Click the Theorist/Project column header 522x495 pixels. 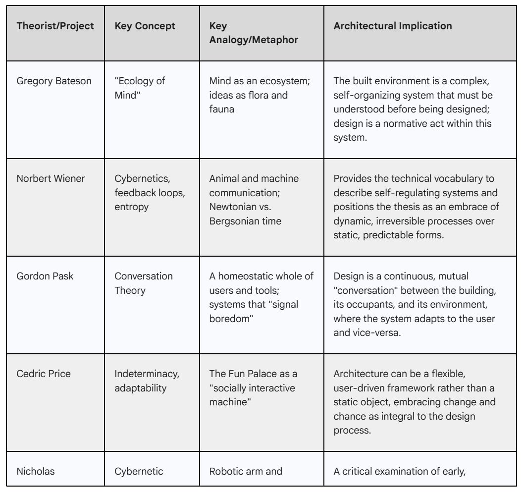pos(55,26)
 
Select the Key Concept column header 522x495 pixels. pos(145,26)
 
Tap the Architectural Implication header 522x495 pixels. pos(392,26)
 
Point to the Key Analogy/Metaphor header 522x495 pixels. pos(254,33)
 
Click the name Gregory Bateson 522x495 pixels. pos(54,81)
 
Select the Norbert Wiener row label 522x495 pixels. pos(51,178)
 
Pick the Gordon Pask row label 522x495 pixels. pos(45,276)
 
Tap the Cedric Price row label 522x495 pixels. pos(44,374)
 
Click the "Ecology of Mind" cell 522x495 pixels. pos(140,88)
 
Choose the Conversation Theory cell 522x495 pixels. pos(144,283)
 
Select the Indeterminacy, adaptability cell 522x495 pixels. pos(147,381)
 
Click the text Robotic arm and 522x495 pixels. pos(245,471)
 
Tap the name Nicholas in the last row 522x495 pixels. pos(36,471)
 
